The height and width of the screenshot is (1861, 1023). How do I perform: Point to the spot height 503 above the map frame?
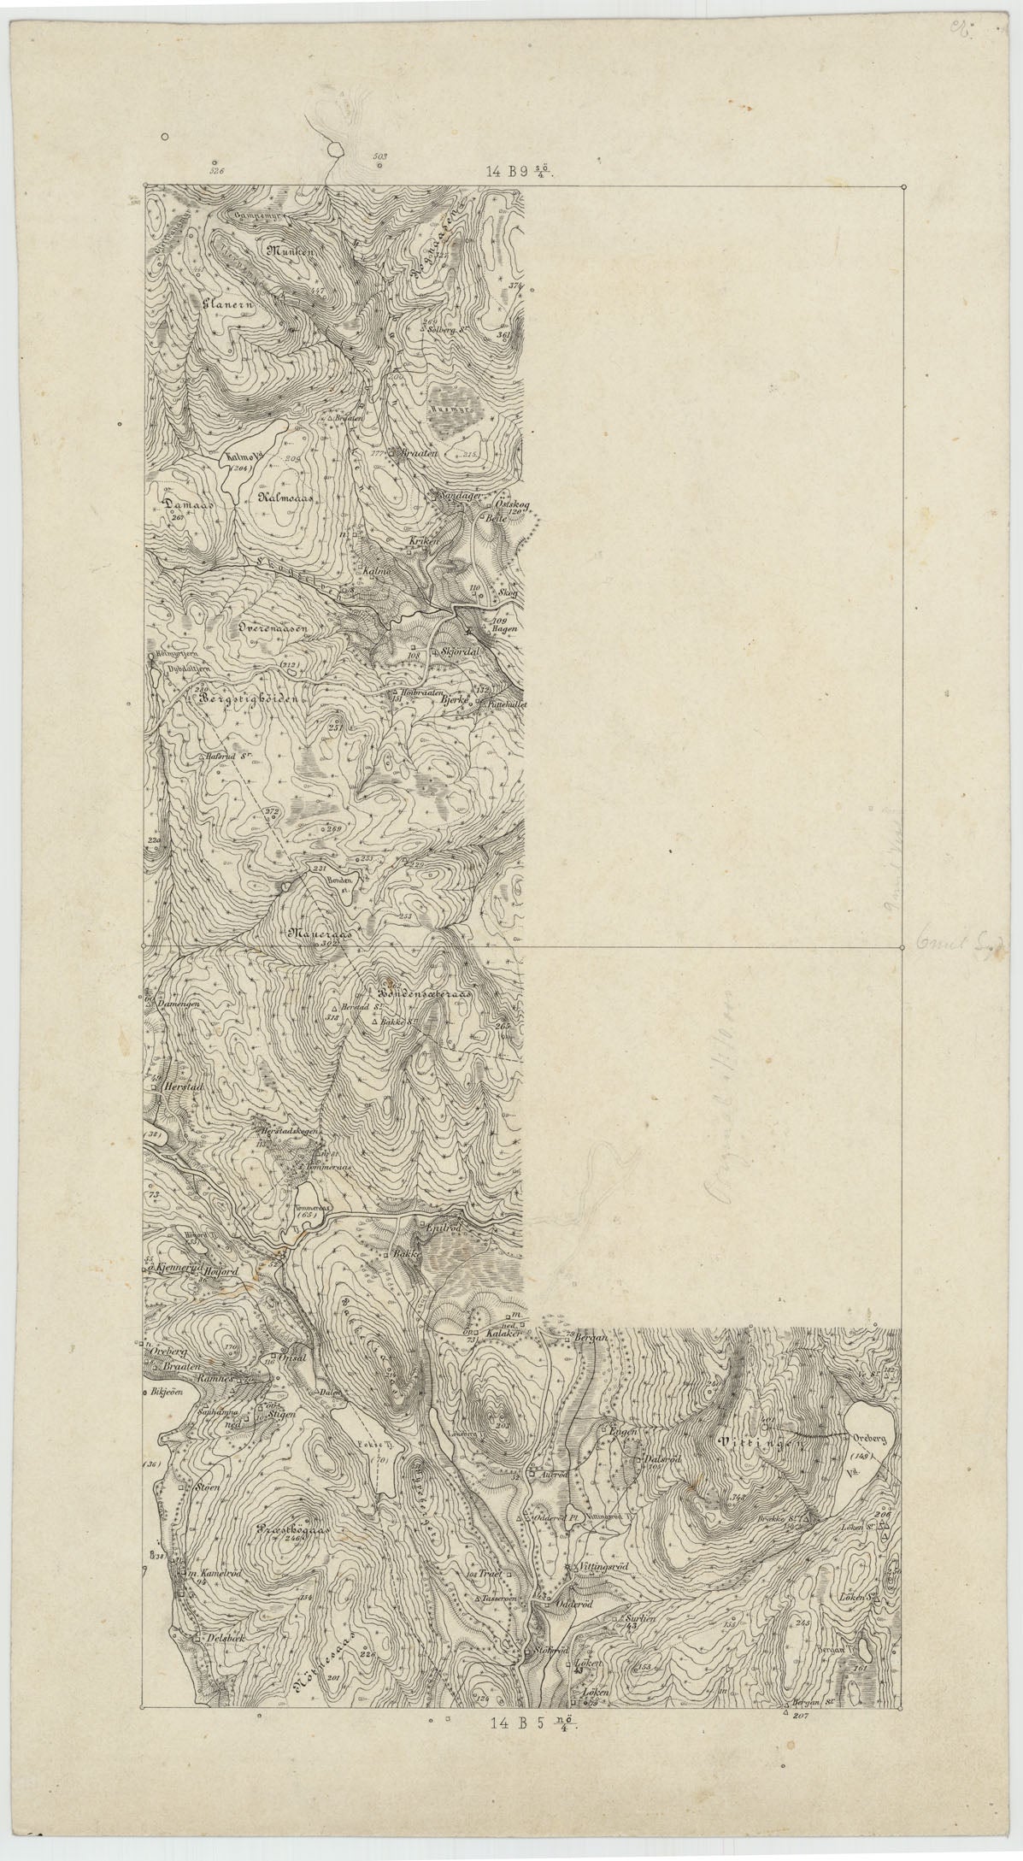click(x=380, y=156)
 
